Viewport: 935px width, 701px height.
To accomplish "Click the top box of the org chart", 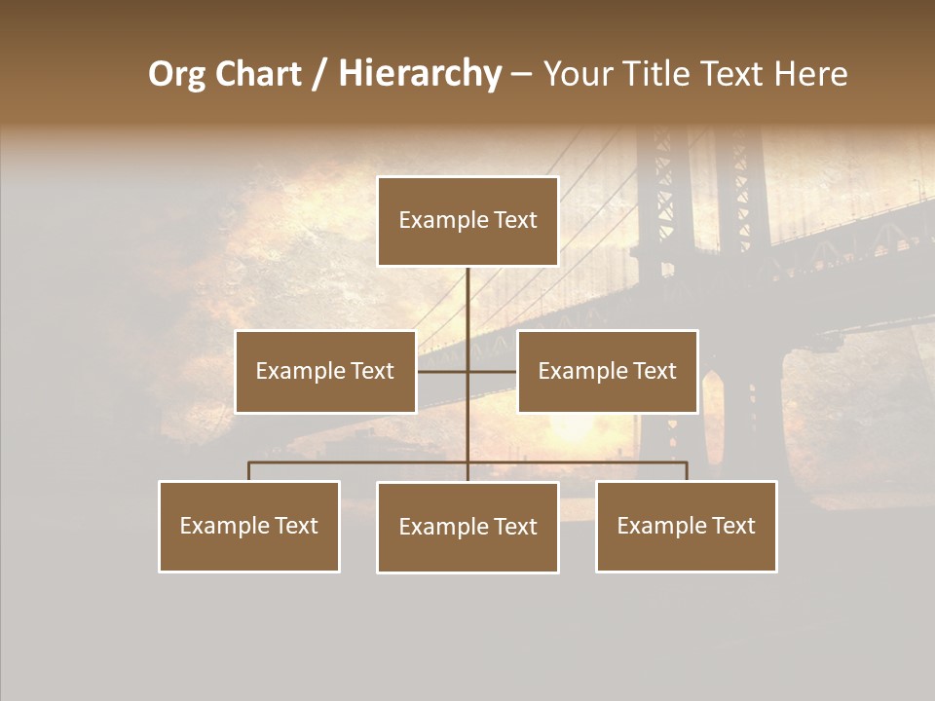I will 467,221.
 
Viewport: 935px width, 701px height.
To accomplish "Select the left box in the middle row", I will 325,371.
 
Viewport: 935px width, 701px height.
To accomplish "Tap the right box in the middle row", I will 607,371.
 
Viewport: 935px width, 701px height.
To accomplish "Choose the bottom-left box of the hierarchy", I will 249,526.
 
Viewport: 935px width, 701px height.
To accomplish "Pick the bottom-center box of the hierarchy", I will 467,527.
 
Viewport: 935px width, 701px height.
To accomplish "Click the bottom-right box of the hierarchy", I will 686,526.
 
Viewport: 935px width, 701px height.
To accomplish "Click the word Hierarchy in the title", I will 420,74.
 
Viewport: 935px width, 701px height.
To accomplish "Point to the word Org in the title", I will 176,74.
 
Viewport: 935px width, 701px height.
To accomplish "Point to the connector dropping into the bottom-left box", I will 249,471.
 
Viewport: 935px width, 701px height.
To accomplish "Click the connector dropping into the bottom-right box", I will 686,471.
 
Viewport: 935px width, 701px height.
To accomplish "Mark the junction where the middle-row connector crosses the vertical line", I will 467,370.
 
